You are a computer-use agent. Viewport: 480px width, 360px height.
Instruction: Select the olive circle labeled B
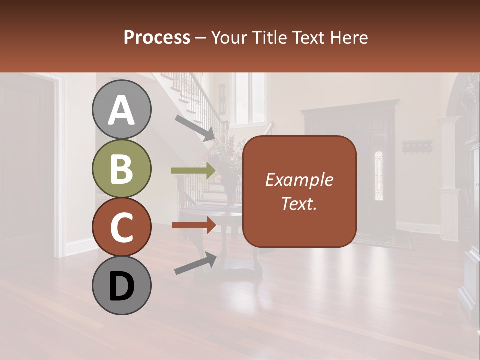pos(121,168)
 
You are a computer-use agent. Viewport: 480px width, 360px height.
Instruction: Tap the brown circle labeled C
pos(121,227)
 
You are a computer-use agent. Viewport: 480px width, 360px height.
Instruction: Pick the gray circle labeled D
pos(121,285)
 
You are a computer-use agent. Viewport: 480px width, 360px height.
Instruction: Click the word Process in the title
pos(157,38)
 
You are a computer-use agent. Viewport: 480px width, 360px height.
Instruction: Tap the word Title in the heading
pos(267,38)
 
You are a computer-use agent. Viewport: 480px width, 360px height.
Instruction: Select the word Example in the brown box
pos(299,180)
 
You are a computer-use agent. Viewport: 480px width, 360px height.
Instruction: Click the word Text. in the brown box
pos(299,203)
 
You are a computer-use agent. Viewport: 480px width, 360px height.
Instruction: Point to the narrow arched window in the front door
pos(379,175)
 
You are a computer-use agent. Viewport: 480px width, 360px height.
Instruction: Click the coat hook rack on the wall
pos(417,146)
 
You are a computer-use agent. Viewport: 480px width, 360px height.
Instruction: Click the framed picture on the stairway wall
pos(222,99)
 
